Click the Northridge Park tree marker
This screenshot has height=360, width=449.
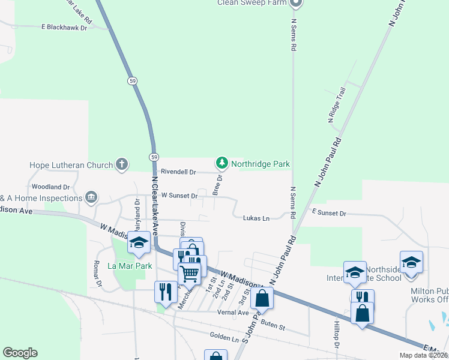222,163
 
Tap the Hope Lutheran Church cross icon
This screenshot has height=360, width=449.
122,164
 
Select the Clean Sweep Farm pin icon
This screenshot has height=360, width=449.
295,3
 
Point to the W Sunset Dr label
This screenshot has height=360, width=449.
179,196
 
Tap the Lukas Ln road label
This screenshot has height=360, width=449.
256,218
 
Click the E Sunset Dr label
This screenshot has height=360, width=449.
329,213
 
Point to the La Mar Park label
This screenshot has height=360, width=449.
129,266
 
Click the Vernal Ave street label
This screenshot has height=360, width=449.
233,313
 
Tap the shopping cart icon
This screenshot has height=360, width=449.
190,274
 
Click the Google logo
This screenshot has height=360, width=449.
20,353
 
